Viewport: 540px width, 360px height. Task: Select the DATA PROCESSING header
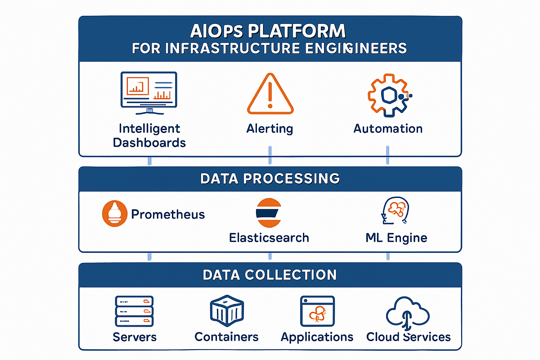(x=270, y=178)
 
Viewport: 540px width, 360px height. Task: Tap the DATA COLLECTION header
(x=270, y=274)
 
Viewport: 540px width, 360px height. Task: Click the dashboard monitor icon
(x=148, y=92)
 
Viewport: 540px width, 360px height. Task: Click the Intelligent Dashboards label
(x=149, y=135)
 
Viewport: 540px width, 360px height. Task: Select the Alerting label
(x=270, y=129)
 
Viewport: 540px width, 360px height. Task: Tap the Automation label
(x=388, y=129)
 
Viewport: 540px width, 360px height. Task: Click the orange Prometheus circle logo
(x=113, y=213)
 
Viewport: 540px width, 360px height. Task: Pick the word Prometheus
(x=168, y=214)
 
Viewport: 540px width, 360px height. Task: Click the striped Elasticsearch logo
(x=268, y=212)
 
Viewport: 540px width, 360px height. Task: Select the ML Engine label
(x=396, y=237)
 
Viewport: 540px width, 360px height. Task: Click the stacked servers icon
(x=134, y=311)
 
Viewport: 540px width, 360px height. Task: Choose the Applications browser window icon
(x=317, y=311)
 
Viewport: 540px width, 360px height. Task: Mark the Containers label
(x=226, y=337)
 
